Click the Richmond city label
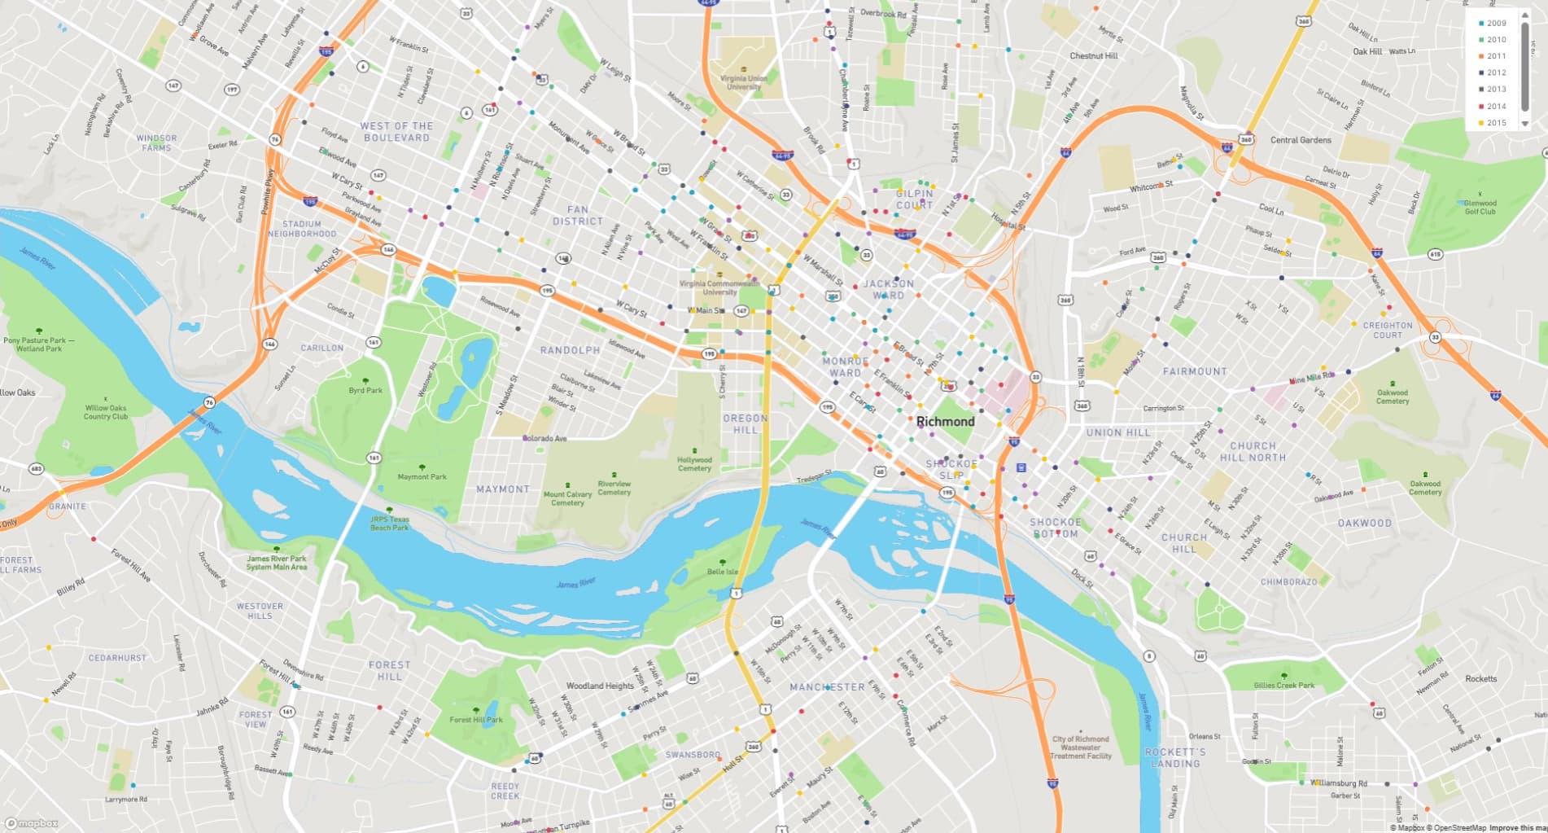(945, 422)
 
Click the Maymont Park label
(422, 477)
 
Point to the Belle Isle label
(722, 572)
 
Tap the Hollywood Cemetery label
(694, 464)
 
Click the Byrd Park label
(365, 391)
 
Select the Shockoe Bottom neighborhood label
(1056, 528)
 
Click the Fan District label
(578, 216)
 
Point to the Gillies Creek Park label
(1284, 686)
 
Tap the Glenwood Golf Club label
(1480, 208)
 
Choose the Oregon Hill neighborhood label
(746, 423)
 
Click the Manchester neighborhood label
(827, 687)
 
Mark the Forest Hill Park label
(476, 720)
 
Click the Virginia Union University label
(743, 83)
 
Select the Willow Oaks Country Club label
(106, 412)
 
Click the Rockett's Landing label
(1175, 757)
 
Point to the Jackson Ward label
(888, 289)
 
